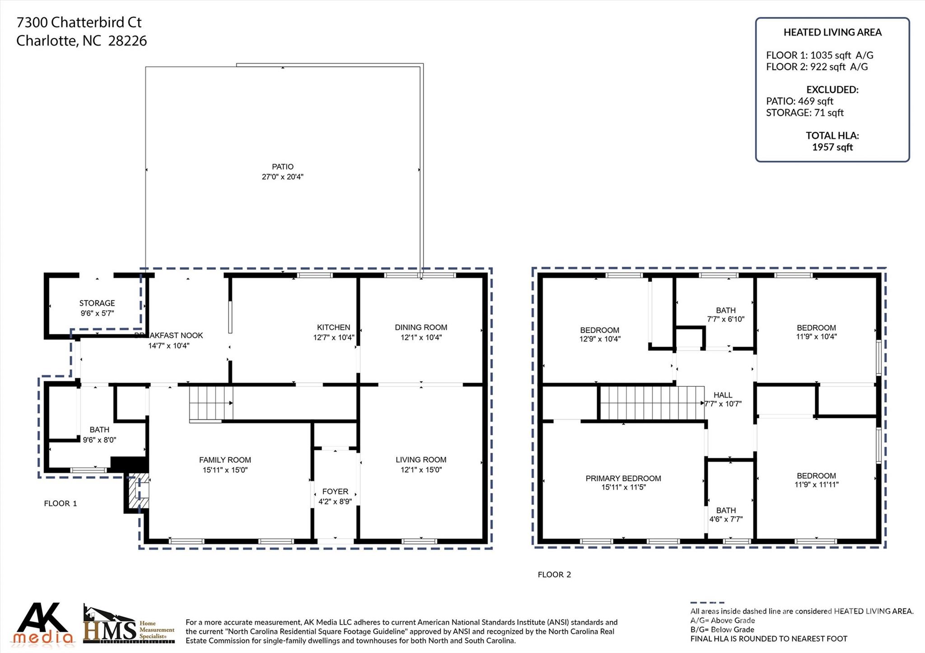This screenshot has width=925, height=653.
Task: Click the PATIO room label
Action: point(282,167)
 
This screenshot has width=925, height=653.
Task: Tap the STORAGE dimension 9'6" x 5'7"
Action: point(97,313)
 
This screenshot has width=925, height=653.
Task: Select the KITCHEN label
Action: point(333,328)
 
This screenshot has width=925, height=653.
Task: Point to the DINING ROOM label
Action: point(421,328)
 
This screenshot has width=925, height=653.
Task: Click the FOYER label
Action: point(335,491)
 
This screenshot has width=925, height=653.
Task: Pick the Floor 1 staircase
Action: point(210,403)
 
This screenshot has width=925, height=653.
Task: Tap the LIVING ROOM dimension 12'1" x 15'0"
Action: point(421,470)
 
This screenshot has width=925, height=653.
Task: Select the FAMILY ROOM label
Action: point(225,460)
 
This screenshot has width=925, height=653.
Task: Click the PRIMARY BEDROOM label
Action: point(623,478)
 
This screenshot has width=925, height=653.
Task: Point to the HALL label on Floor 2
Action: point(723,395)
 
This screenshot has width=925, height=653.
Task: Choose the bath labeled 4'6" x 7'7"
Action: point(726,515)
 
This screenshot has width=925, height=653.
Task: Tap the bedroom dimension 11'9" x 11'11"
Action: point(816,485)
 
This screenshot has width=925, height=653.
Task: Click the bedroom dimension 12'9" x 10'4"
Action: point(600,339)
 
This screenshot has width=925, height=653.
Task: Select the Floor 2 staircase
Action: point(651,403)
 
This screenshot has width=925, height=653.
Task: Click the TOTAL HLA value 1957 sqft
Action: point(832,147)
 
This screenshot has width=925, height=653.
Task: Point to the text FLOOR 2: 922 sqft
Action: point(817,67)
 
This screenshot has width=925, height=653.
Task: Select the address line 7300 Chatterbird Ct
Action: point(79,22)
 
